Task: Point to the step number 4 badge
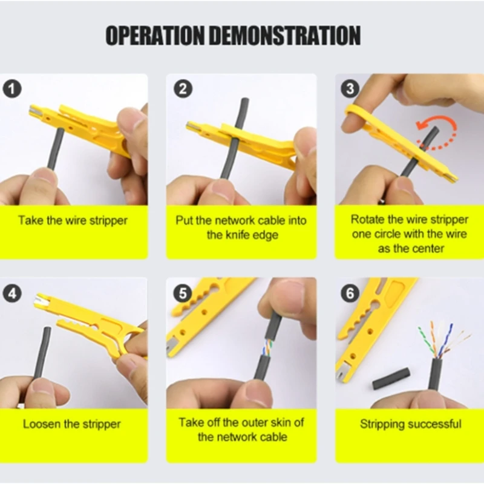click(13, 293)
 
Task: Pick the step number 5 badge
click(182, 293)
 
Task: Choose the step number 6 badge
click(350, 293)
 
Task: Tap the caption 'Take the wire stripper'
click(73, 220)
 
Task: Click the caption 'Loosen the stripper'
click(72, 424)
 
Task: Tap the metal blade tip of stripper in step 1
click(35, 111)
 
